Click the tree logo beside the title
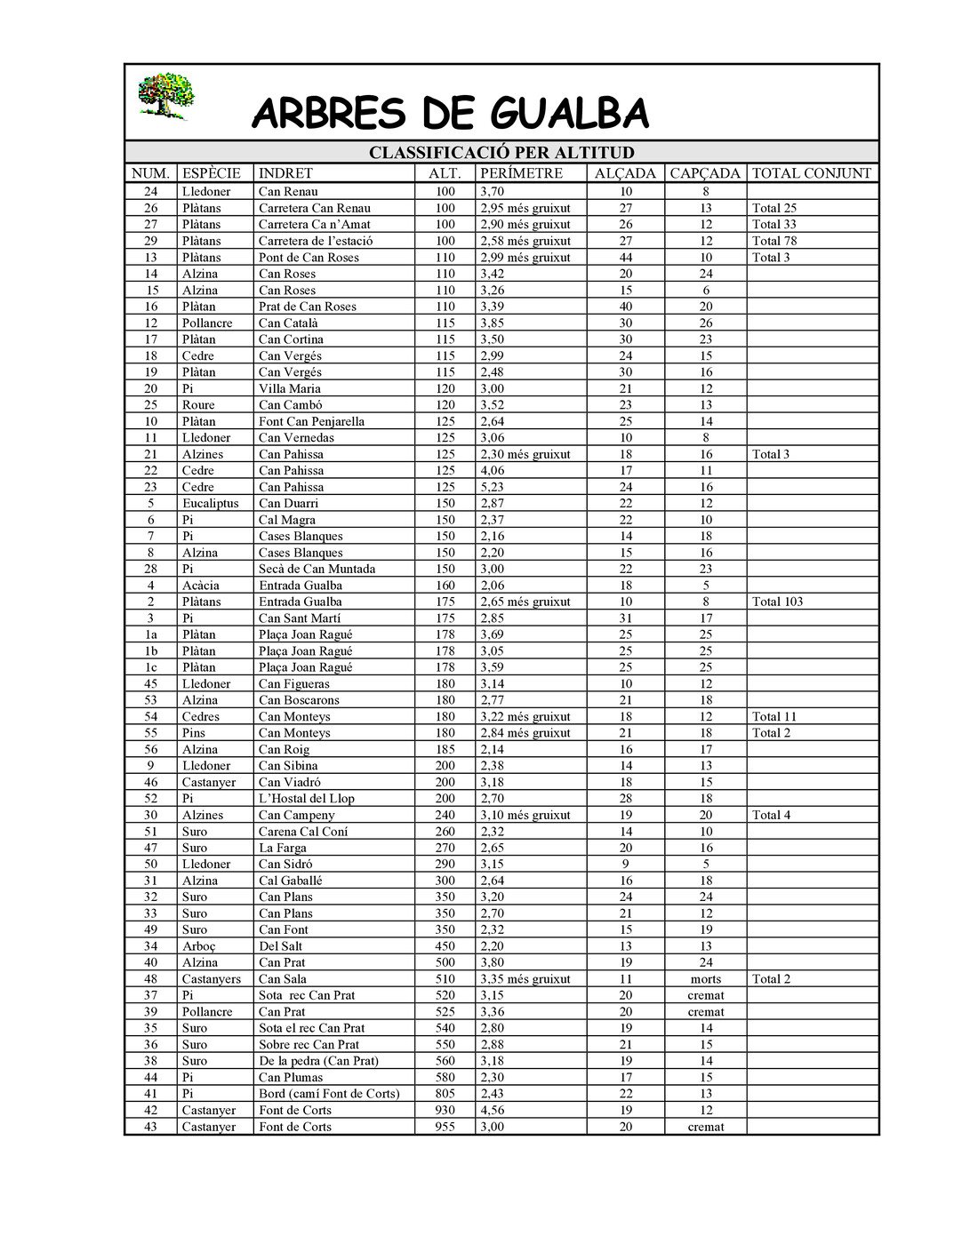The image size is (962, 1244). click(165, 96)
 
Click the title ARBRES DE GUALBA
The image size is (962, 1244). click(450, 114)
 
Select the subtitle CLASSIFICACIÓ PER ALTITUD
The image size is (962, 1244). click(501, 153)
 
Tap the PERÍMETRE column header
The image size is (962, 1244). click(521, 173)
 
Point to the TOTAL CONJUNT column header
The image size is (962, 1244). click(812, 173)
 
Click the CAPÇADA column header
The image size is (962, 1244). click(705, 173)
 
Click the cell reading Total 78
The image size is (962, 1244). click(774, 241)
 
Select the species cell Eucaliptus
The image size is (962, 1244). click(210, 503)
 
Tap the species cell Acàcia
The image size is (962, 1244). click(200, 586)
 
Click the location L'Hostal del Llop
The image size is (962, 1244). click(307, 799)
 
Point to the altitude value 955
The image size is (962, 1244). click(445, 1127)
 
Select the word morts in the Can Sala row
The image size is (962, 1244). click(706, 979)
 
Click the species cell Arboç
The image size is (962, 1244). click(199, 946)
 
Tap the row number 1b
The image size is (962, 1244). click(151, 651)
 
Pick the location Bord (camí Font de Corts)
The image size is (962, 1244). click(329, 1094)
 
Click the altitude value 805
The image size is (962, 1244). click(445, 1094)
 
